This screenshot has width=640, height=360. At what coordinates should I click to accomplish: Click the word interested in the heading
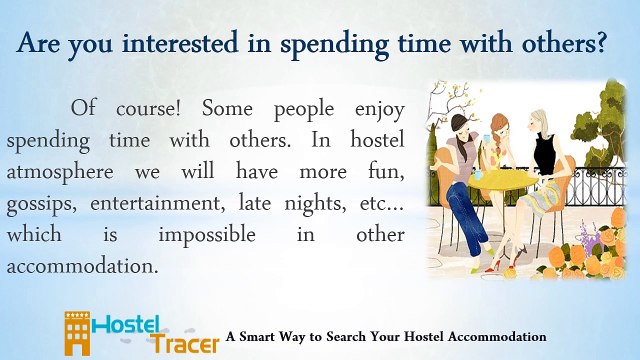click(x=180, y=42)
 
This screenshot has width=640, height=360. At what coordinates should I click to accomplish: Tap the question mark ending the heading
click(x=600, y=42)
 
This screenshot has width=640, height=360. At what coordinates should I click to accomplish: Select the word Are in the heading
click(x=38, y=43)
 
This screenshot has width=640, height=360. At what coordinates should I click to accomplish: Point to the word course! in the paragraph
click(x=148, y=109)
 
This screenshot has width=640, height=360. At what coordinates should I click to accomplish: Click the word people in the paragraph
click(x=304, y=110)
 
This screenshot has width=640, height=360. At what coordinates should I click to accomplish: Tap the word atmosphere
click(x=60, y=172)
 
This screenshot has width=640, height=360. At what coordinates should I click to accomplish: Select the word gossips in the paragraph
click(x=41, y=204)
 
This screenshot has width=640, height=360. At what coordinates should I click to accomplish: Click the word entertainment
click(x=158, y=203)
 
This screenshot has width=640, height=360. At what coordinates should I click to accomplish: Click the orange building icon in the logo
click(x=77, y=333)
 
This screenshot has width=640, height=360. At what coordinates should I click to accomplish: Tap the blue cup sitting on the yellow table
click(x=478, y=175)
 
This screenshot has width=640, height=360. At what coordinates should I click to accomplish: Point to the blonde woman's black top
click(x=545, y=153)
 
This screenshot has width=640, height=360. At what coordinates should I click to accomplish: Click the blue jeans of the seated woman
click(x=467, y=217)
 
